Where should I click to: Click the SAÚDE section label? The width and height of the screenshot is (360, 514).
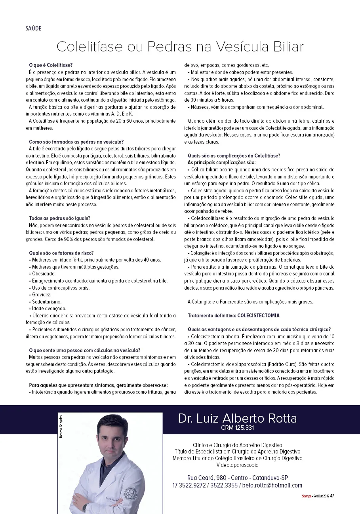tap(34, 28)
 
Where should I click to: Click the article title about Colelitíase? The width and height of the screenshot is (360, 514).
tap(180, 47)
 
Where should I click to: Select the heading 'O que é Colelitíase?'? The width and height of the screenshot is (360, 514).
tap(51, 65)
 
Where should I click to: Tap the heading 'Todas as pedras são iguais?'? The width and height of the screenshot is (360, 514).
tap(59, 218)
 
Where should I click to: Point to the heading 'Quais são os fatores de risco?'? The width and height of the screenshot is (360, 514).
tap(61, 253)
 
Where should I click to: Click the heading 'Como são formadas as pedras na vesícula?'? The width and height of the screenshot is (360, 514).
tap(76, 142)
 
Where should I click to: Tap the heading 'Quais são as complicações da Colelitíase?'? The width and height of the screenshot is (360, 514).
tap(234, 156)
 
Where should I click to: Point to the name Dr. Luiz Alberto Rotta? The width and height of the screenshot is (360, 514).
tap(237, 418)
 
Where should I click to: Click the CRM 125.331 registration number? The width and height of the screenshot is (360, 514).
tap(237, 428)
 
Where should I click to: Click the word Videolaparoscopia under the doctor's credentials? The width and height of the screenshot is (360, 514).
tap(237, 465)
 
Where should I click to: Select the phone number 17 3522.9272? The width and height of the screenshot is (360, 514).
tap(189, 486)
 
